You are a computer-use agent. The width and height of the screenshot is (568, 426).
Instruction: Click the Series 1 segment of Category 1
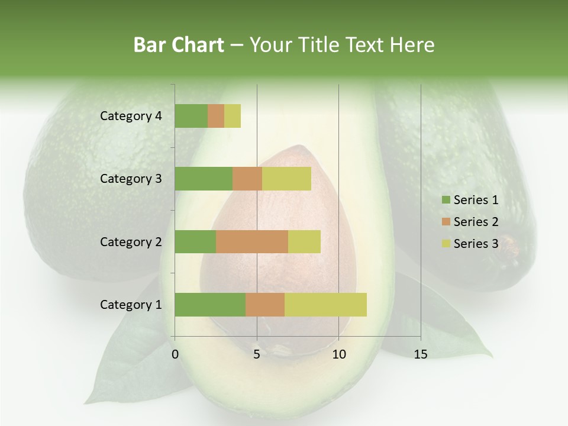click(x=210, y=305)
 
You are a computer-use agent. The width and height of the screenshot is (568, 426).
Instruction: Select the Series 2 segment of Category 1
click(x=265, y=305)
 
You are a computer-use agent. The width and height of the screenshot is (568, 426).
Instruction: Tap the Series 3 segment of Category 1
click(x=325, y=305)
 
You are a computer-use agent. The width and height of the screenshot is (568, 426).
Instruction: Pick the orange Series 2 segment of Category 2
click(x=252, y=241)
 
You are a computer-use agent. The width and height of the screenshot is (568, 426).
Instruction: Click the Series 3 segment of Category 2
click(x=304, y=241)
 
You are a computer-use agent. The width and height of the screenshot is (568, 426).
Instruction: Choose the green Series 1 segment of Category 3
click(x=204, y=179)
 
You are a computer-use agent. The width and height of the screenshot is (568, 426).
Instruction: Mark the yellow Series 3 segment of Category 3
click(x=286, y=179)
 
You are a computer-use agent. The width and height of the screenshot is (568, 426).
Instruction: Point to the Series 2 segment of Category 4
click(x=216, y=116)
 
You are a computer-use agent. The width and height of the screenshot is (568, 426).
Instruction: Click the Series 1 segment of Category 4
click(x=191, y=116)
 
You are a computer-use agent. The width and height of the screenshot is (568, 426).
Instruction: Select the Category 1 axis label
click(x=130, y=305)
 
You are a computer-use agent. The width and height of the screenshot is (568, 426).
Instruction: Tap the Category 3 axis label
click(x=130, y=179)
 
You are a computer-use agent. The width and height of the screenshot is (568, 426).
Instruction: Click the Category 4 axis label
click(x=130, y=116)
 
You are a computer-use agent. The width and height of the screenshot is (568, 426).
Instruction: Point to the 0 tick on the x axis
click(x=175, y=354)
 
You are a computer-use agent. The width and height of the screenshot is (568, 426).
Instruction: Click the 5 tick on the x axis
click(x=257, y=354)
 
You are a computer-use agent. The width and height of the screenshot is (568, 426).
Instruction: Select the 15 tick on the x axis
click(x=420, y=354)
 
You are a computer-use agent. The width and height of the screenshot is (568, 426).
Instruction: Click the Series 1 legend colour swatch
click(x=446, y=200)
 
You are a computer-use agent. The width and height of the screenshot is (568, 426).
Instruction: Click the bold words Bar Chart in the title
click(x=179, y=45)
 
